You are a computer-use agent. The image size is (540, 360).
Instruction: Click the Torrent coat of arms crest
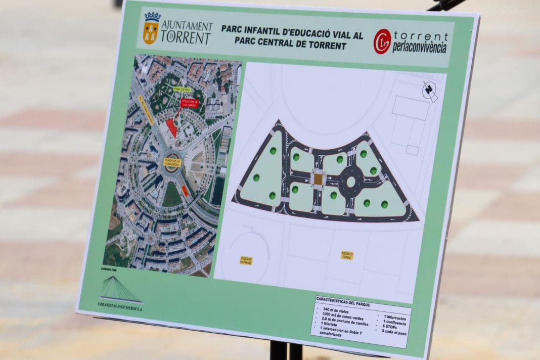(x=151, y=28)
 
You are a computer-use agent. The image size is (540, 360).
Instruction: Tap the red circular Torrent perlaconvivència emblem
(x=382, y=41)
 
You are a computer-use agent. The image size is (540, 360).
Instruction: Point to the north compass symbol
(x=430, y=92)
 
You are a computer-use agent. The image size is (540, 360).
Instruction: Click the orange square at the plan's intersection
(x=318, y=178)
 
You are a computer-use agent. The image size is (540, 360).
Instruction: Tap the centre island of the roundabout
(x=350, y=182)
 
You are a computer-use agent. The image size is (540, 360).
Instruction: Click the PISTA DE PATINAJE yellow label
(x=246, y=260)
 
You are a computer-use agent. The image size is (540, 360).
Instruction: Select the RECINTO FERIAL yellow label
(x=347, y=255)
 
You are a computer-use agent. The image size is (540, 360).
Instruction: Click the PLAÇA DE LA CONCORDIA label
(x=172, y=162)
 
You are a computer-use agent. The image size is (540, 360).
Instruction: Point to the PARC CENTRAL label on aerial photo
(x=181, y=89)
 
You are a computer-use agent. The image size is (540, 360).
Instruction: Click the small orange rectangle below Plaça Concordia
(x=185, y=191)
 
